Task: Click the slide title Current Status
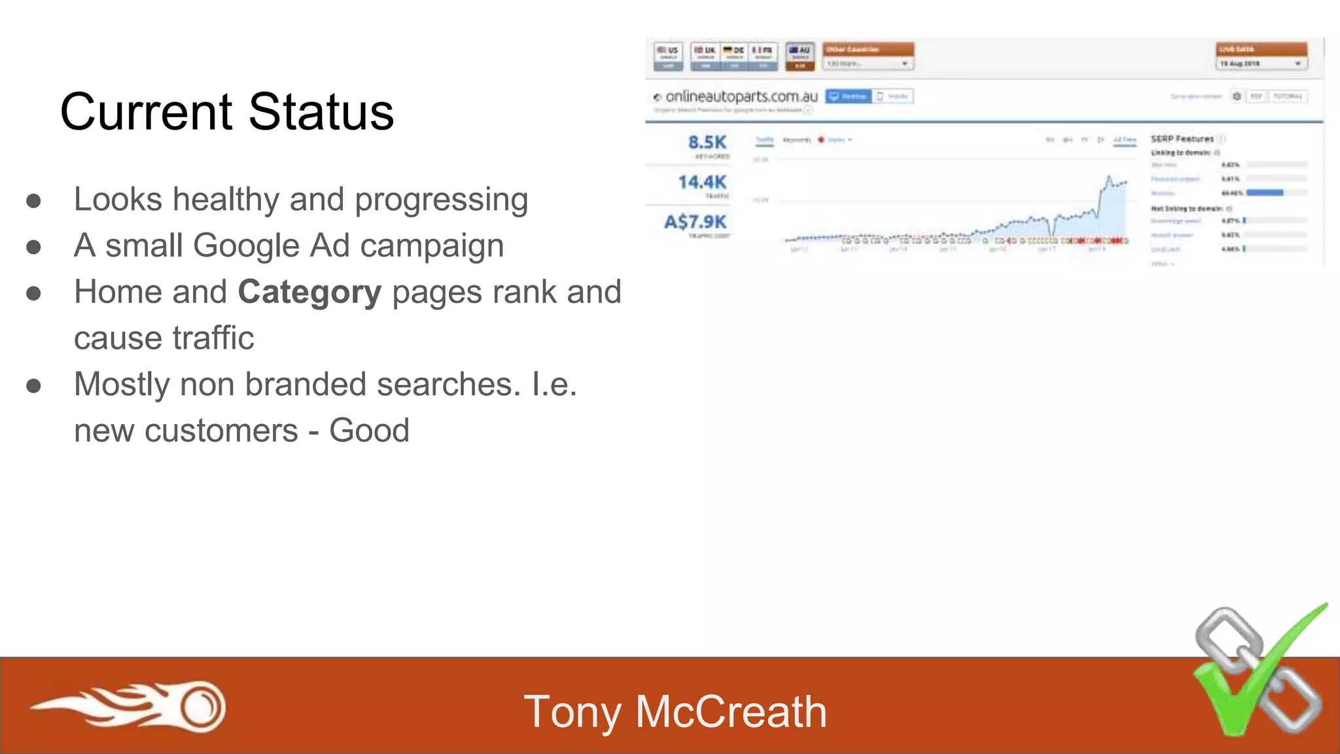tap(227, 112)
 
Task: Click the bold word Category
tap(309, 292)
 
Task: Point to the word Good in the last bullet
tap(369, 431)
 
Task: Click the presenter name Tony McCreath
tap(675, 712)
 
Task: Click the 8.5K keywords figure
tap(707, 142)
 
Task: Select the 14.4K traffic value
tap(702, 182)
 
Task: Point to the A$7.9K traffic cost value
tap(696, 222)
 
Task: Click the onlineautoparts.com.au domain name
tap(741, 97)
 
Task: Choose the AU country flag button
tap(800, 56)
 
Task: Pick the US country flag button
tap(668, 56)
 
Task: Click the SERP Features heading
tap(1182, 139)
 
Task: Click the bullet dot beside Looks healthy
tap(34, 201)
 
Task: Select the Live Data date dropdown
tap(1261, 63)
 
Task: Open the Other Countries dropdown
tap(868, 63)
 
